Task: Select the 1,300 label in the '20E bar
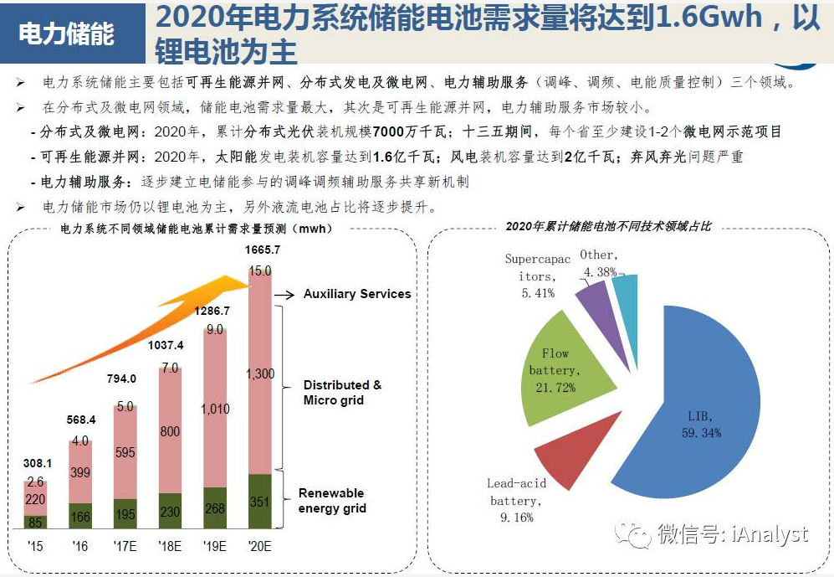[261, 374]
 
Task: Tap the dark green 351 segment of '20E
[261, 502]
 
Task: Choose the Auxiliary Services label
[357, 294]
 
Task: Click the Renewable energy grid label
[332, 501]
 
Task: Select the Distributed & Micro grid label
[342, 392]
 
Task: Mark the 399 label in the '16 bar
[80, 473]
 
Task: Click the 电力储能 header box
[67, 34]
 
